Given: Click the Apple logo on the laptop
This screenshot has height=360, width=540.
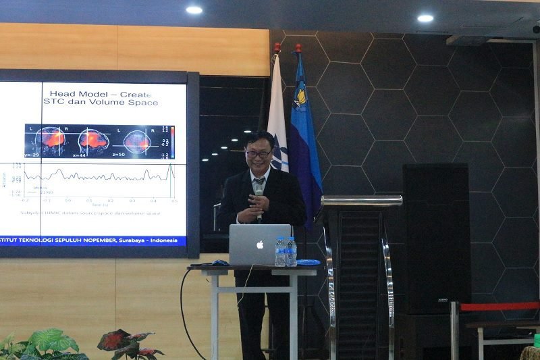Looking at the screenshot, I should pyautogui.click(x=260, y=245).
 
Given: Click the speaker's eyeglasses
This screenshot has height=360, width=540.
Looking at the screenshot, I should pyautogui.click(x=259, y=154).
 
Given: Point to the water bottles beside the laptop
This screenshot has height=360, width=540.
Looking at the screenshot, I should pyautogui.click(x=286, y=251).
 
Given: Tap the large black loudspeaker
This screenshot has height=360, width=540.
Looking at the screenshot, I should pyautogui.click(x=435, y=236).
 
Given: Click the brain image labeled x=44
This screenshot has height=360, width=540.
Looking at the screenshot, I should pyautogui.click(x=93, y=140).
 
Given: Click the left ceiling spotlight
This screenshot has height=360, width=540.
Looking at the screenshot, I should pyautogui.click(x=194, y=10).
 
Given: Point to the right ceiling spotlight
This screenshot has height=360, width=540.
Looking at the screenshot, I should pyautogui.click(x=425, y=18).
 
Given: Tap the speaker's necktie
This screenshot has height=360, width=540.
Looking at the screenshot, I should pyautogui.click(x=259, y=184).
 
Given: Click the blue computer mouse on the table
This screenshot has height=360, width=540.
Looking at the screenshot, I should pyautogui.click(x=220, y=262).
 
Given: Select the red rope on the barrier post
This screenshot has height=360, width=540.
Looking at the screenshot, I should pyautogui.click(x=500, y=306).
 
